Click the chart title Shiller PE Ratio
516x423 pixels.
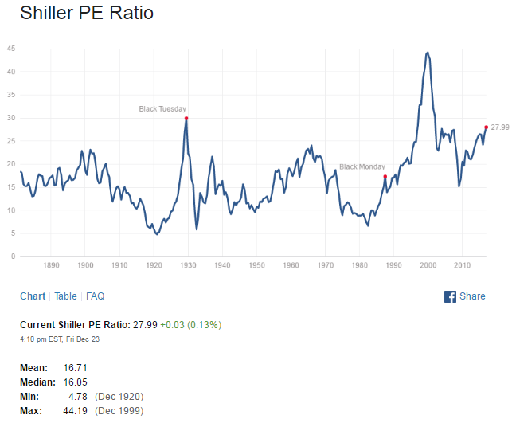[87, 14]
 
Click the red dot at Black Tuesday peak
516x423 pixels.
[186, 118]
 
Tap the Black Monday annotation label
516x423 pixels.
[362, 166]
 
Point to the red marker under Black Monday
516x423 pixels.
[385, 177]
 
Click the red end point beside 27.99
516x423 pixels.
[486, 127]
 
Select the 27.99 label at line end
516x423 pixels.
[500, 127]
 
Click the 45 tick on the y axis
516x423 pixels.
[11, 49]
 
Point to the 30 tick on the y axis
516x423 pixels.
[11, 118]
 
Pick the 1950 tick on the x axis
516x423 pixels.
[256, 264]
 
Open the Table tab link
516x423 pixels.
[65, 296]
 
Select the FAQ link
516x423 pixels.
[96, 296]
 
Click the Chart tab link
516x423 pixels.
[33, 296]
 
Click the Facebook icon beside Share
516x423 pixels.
[450, 296]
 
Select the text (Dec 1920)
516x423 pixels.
[119, 396]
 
